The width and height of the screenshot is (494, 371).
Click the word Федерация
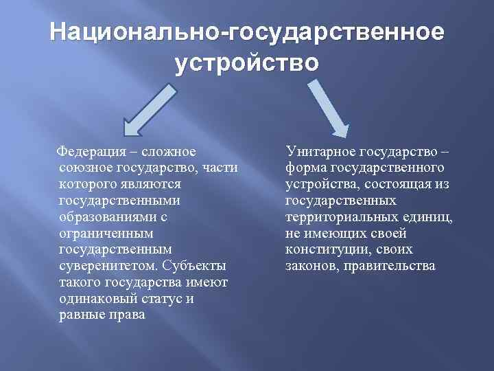point(89,151)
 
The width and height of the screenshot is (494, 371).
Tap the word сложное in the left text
point(169,151)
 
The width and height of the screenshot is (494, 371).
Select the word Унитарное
point(320,151)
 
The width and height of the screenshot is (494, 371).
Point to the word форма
point(305,168)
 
